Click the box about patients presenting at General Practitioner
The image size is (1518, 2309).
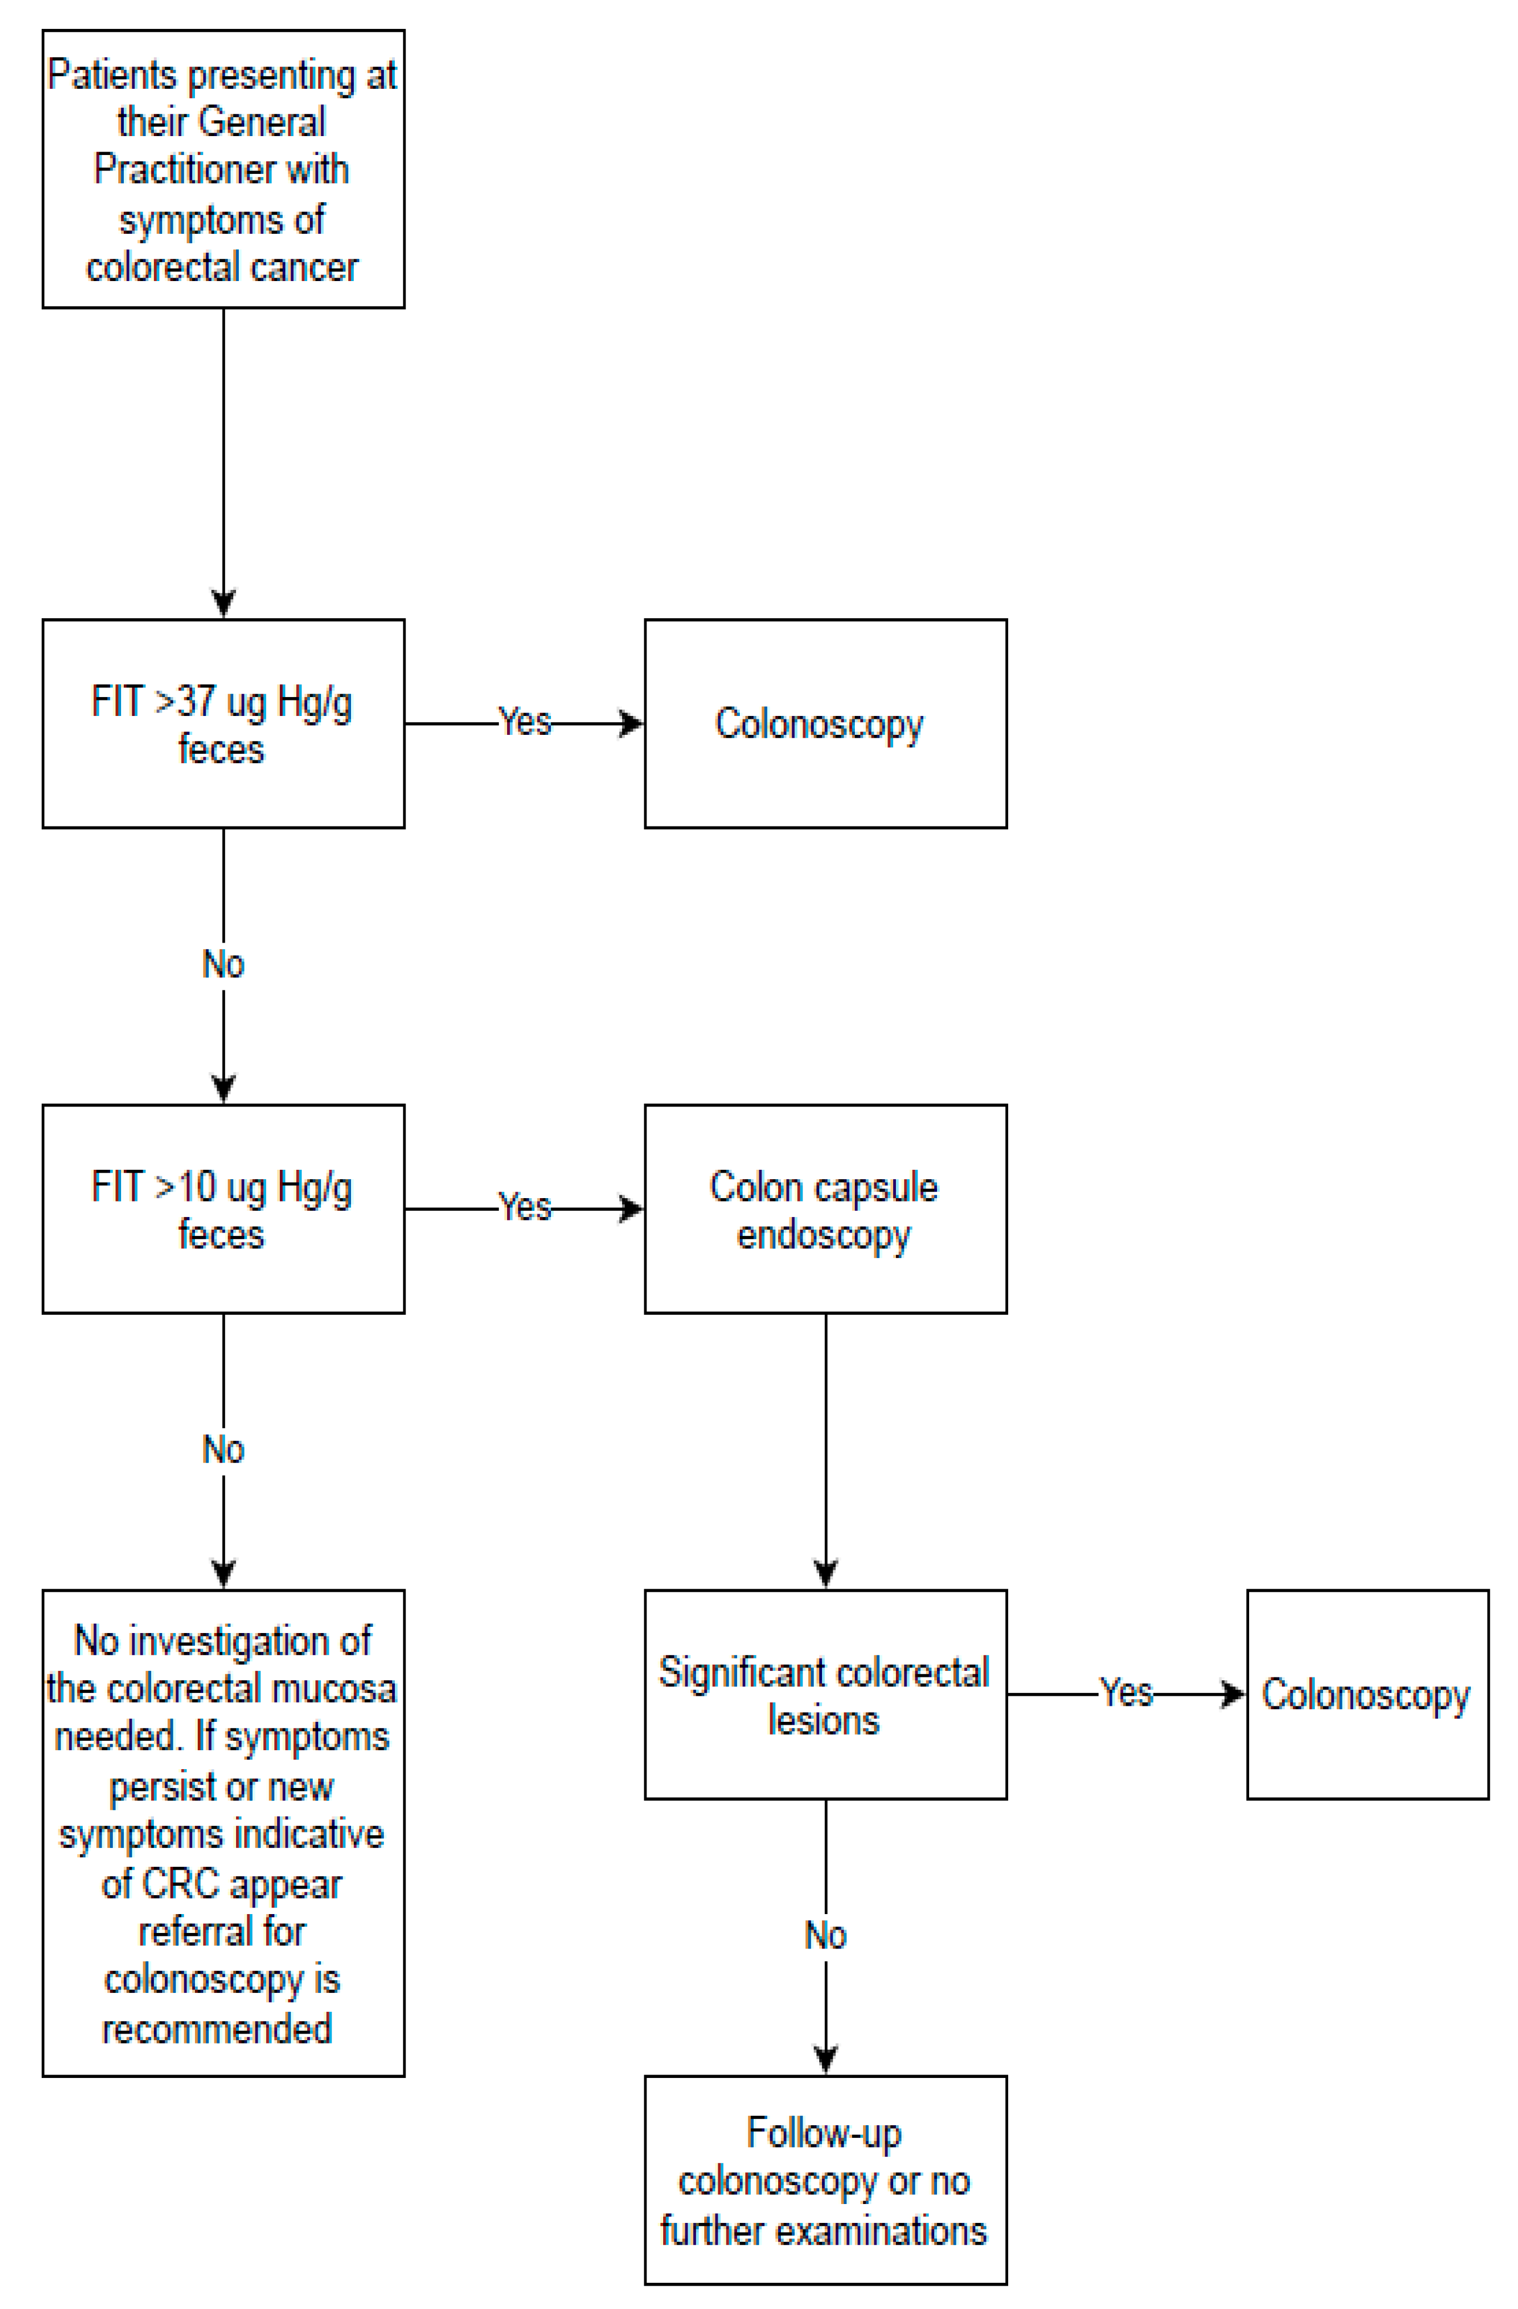click(223, 170)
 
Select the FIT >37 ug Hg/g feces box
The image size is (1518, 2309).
click(223, 724)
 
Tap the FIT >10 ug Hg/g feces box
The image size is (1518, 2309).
click(223, 1209)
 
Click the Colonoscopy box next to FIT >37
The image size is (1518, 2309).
click(825, 724)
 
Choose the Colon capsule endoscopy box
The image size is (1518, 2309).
click(825, 1209)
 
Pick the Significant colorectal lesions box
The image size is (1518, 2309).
click(825, 1695)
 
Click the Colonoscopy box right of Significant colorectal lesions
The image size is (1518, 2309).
click(1367, 1695)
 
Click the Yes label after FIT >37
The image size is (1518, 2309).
click(525, 722)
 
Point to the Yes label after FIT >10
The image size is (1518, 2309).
click(525, 1207)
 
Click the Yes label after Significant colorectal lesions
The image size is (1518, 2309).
click(1126, 1693)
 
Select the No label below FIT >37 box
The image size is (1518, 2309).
click(223, 964)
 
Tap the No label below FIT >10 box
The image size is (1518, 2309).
click(223, 1449)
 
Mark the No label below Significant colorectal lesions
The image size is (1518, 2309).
click(825, 1936)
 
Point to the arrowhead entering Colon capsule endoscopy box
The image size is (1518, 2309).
click(632, 1209)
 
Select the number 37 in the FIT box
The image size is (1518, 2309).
click(197, 702)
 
